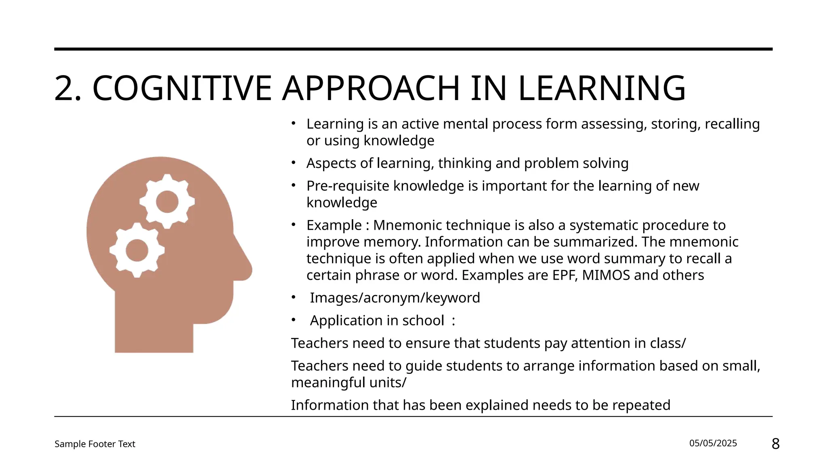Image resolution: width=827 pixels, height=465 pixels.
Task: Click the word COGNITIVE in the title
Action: coord(182,88)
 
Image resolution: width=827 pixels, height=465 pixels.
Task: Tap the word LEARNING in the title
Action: coord(602,88)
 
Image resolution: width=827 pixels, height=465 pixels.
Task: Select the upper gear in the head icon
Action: coord(167,201)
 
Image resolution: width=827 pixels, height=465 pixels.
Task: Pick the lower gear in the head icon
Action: coord(137,250)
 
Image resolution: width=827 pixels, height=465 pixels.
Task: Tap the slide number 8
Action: coord(775,444)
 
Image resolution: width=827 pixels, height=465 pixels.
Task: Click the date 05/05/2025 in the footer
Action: coord(713,443)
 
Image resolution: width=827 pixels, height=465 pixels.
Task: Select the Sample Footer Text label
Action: coord(95,444)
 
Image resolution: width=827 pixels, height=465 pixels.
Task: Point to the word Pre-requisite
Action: coord(348,186)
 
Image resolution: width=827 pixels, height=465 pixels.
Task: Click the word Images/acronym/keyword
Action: coord(395,298)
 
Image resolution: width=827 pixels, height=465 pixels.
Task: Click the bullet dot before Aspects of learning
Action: coord(294,163)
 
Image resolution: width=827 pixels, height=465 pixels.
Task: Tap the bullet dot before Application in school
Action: coord(294,320)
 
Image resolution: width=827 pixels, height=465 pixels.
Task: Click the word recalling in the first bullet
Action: coord(732,124)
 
